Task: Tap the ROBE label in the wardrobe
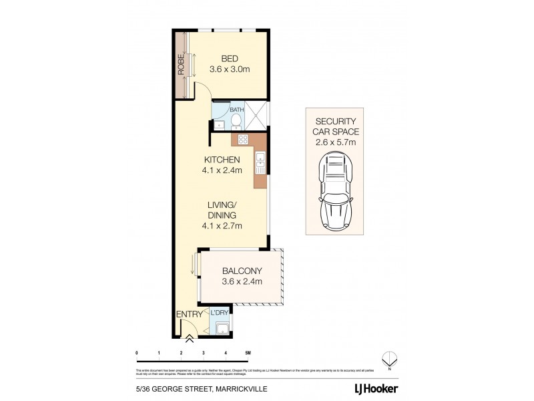180,65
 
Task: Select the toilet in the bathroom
236,120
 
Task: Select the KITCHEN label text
222,160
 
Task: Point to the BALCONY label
242,271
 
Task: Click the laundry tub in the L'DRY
223,327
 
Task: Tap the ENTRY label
188,313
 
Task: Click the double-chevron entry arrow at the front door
188,339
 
